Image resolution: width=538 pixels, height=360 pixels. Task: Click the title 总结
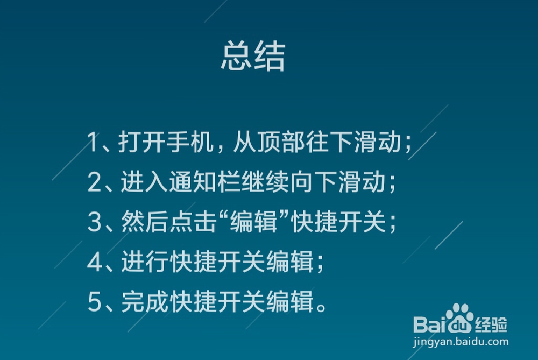tap(252, 58)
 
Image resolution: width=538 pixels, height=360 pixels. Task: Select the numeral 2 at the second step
tap(94, 183)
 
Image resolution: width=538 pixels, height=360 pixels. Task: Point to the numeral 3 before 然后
tap(94, 223)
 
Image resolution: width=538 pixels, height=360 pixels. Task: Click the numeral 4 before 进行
tap(94, 263)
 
